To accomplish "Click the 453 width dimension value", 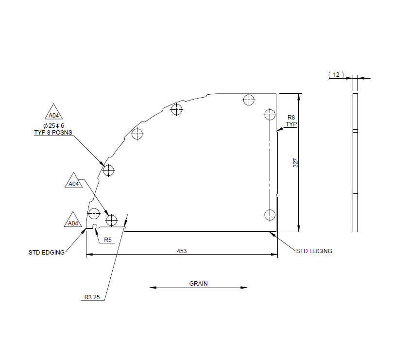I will pyautogui.click(x=182, y=251).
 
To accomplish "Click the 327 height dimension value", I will pyautogui.click(x=295, y=163).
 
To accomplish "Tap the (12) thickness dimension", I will pyautogui.click(x=336, y=74).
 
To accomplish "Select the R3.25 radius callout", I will pyautogui.click(x=92, y=298).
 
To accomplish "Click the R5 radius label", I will pyautogui.click(x=108, y=240).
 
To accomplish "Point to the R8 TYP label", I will pyautogui.click(x=291, y=120).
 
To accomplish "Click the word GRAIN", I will pyautogui.click(x=198, y=283).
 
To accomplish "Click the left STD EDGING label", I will pyautogui.click(x=47, y=252).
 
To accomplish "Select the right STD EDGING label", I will pyautogui.click(x=314, y=251).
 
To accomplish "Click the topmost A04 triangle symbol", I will pyautogui.click(x=54, y=114).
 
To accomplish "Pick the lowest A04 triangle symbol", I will pyautogui.click(x=73, y=221).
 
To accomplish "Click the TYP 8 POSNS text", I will pyautogui.click(x=53, y=132).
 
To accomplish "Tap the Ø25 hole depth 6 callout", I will pyautogui.click(x=53, y=125).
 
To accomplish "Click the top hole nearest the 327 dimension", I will pyautogui.click(x=270, y=115).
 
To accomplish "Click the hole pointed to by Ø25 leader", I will pyautogui.click(x=108, y=171).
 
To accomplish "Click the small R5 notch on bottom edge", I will pyautogui.click(x=96, y=226).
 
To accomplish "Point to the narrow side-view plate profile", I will pyautogui.click(x=355, y=162).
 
